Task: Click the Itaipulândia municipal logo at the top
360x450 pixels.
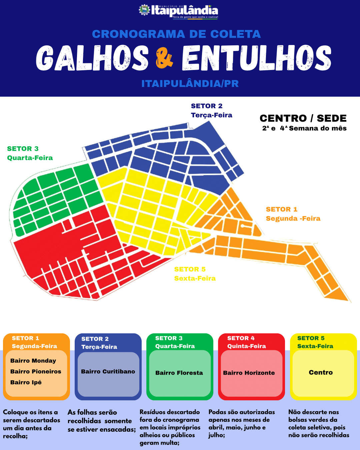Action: [178, 11]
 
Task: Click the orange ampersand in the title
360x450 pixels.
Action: [164, 58]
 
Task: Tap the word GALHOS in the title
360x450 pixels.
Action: [92, 58]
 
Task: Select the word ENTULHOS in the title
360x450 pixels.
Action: [257, 58]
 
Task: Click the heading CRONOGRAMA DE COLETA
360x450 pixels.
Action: [176, 34]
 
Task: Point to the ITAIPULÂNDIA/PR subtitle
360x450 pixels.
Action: [190, 84]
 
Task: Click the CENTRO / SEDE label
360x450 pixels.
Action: [303, 118]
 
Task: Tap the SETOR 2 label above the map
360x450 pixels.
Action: [207, 106]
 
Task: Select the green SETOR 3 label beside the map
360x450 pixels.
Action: [23, 149]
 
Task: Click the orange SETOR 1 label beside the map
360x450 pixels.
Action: [282, 209]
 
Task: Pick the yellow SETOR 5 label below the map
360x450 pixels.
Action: [190, 269]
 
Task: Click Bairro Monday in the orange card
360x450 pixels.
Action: [33, 361]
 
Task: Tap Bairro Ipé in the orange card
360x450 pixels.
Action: [26, 382]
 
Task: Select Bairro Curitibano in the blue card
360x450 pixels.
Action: [108, 371]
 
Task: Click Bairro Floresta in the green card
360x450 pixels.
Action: [179, 373]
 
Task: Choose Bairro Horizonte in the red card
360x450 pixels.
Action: [249, 373]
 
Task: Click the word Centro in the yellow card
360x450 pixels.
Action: [321, 372]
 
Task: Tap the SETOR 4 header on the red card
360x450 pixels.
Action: [241, 338]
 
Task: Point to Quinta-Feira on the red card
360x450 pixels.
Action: [247, 346]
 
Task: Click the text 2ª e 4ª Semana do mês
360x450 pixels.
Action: [304, 128]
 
